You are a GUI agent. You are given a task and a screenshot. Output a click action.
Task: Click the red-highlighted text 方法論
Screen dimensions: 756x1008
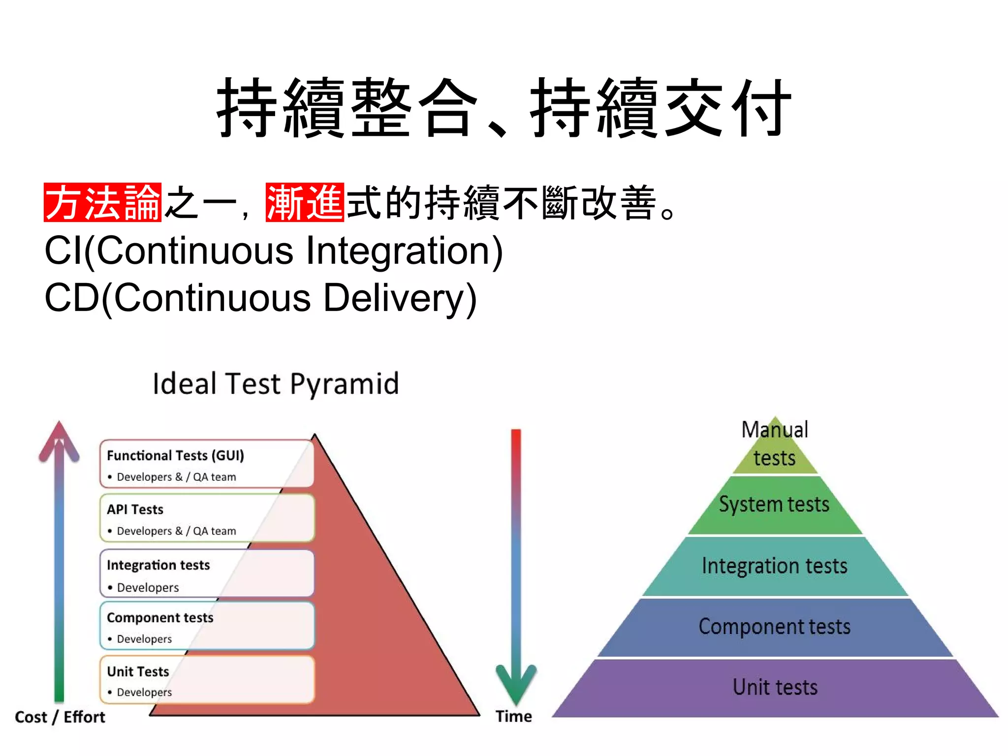(x=102, y=202)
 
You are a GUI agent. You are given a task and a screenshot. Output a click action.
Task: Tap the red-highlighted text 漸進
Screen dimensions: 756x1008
(x=305, y=202)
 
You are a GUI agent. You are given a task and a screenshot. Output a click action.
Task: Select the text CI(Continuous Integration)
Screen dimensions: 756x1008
(x=274, y=251)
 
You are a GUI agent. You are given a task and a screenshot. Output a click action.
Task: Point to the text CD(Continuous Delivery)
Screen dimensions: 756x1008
(x=260, y=298)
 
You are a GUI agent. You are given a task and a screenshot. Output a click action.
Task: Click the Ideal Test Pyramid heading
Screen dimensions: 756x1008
(x=276, y=384)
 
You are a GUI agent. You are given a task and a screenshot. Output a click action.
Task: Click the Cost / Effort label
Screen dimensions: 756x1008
(x=60, y=717)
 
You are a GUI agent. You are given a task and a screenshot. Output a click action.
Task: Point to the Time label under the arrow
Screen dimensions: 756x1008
(x=513, y=717)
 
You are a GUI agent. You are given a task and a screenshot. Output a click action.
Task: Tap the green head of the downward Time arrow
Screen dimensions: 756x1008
(x=516, y=682)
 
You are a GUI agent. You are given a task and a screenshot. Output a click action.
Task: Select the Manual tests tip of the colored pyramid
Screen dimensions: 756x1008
(x=775, y=445)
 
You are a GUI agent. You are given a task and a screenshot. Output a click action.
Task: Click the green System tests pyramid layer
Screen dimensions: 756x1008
(x=774, y=505)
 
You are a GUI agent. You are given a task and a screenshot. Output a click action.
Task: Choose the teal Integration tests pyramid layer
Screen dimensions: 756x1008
(x=775, y=566)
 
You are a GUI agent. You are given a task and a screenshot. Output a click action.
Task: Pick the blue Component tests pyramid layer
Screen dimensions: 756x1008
(x=775, y=627)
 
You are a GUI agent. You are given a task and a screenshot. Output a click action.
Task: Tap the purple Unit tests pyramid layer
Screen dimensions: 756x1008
(x=775, y=688)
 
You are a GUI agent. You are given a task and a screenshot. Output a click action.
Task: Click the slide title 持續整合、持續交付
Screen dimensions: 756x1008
(x=504, y=108)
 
